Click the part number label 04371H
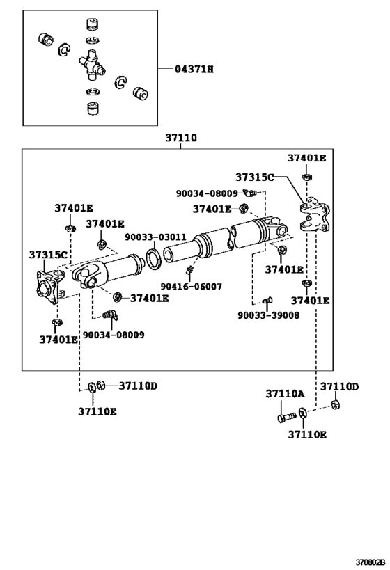194,69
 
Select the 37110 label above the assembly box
180,138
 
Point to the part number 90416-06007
192,286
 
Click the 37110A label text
285,394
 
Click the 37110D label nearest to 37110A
339,387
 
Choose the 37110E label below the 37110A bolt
307,435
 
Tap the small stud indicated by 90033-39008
267,301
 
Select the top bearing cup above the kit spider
91,26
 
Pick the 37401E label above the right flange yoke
308,159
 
